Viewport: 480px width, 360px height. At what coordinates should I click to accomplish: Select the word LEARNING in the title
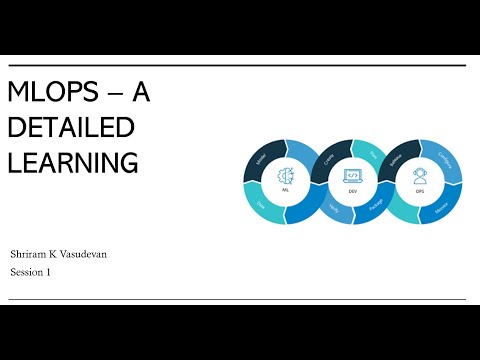click(x=73, y=161)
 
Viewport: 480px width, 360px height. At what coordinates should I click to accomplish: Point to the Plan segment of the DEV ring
click(x=374, y=156)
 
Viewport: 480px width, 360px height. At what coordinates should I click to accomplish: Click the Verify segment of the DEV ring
click(x=331, y=205)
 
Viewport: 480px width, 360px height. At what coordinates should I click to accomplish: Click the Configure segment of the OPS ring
click(x=444, y=157)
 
